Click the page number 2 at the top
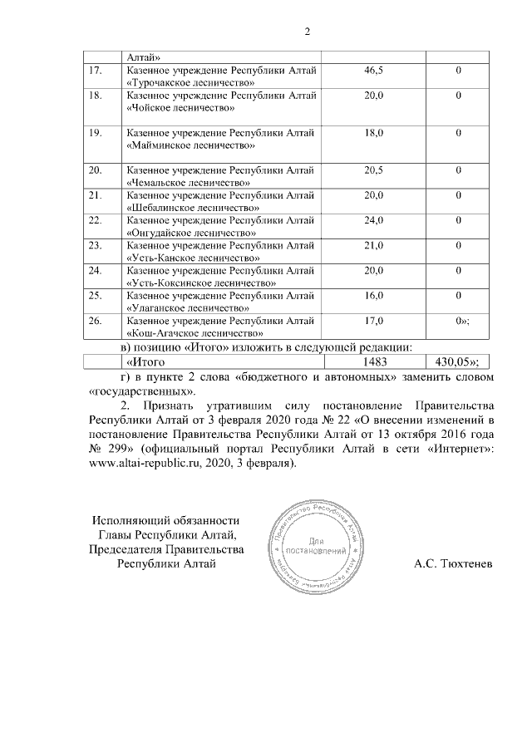(x=307, y=32)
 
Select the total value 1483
(x=375, y=361)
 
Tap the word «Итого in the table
(x=145, y=361)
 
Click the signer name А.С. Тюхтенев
(x=452, y=564)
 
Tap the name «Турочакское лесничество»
(x=190, y=84)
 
